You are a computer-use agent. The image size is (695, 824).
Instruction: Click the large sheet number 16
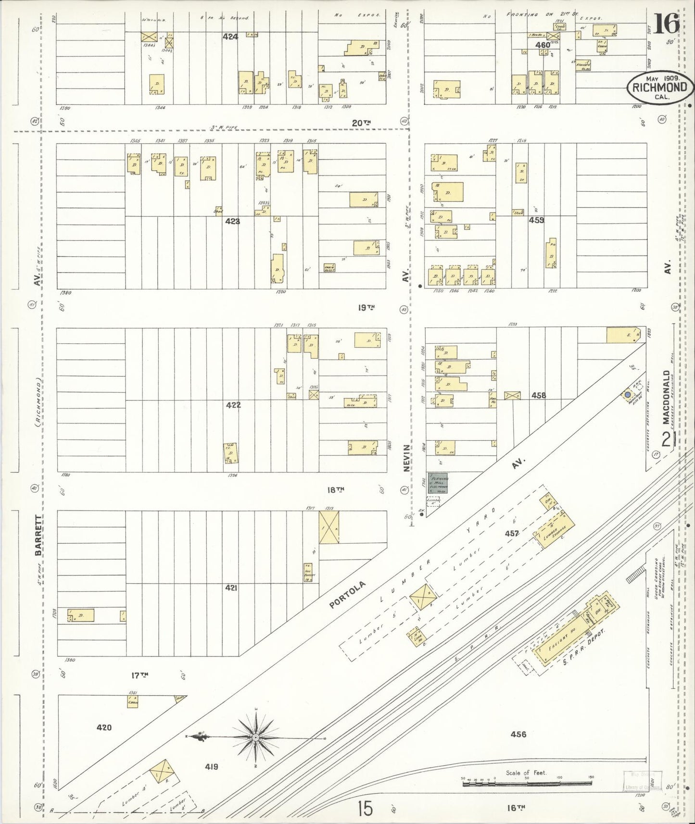[666, 23]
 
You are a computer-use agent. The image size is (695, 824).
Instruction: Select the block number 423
[232, 222]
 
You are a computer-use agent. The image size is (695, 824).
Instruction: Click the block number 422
[233, 405]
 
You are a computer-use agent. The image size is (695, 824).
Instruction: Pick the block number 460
[543, 45]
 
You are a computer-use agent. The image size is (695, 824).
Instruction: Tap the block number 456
[518, 748]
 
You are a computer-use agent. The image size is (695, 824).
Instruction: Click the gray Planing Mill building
[438, 483]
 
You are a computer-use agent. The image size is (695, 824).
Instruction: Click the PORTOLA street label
[348, 594]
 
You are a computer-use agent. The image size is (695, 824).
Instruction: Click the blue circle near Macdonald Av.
[628, 395]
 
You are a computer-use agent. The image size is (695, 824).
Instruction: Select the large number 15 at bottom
[365, 809]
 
